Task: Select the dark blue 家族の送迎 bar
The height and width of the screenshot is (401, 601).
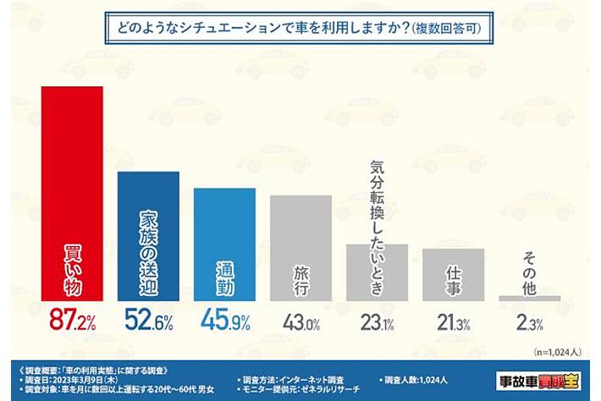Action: [148, 236]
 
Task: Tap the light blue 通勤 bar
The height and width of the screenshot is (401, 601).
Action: [224, 244]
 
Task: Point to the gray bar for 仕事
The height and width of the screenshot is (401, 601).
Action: [453, 275]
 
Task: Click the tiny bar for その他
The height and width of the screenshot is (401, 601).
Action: [529, 298]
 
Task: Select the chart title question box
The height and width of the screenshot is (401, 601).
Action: [300, 28]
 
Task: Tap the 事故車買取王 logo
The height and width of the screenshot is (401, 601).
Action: [540, 377]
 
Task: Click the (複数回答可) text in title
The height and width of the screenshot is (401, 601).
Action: [448, 29]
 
